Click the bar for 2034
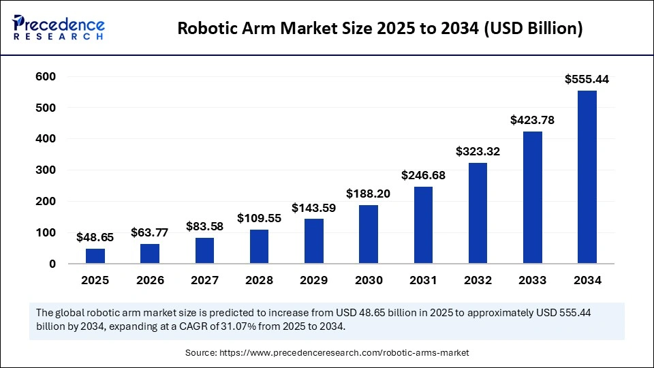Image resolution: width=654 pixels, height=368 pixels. [x=587, y=177]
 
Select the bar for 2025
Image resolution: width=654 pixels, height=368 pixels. [x=95, y=256]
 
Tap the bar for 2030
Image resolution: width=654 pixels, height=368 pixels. [x=369, y=234]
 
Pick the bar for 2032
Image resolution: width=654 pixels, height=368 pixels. [x=478, y=213]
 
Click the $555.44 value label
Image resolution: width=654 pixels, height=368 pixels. [x=587, y=80]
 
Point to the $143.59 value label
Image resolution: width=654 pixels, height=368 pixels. [x=314, y=208]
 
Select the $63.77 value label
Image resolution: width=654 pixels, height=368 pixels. [x=150, y=233]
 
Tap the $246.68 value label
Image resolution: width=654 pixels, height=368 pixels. [x=423, y=176]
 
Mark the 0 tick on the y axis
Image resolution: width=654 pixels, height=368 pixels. [x=52, y=264]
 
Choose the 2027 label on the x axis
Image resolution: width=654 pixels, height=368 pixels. [x=204, y=280]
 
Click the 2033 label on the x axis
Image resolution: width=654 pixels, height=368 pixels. [x=532, y=280]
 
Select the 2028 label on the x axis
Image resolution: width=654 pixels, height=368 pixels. [x=259, y=280]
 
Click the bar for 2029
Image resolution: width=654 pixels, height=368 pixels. [x=314, y=241]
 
